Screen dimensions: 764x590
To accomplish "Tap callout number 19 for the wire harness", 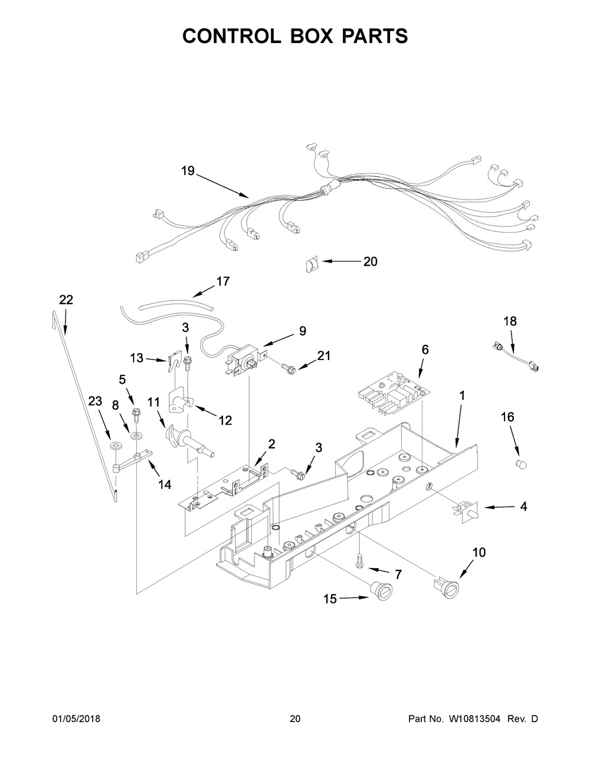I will pyautogui.click(x=188, y=171).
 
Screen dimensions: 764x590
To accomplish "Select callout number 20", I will pyautogui.click(x=370, y=261).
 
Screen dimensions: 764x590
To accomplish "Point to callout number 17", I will pyautogui.click(x=222, y=282).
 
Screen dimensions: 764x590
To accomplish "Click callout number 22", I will pyautogui.click(x=66, y=300).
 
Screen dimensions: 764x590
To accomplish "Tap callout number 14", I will pyautogui.click(x=165, y=484).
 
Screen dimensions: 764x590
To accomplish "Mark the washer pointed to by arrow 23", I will pyautogui.click(x=113, y=443).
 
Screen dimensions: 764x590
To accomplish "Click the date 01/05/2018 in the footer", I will pyautogui.click(x=76, y=719).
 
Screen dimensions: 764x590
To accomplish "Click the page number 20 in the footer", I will pyautogui.click(x=295, y=719).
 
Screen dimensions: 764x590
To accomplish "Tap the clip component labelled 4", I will pyautogui.click(x=466, y=510).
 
